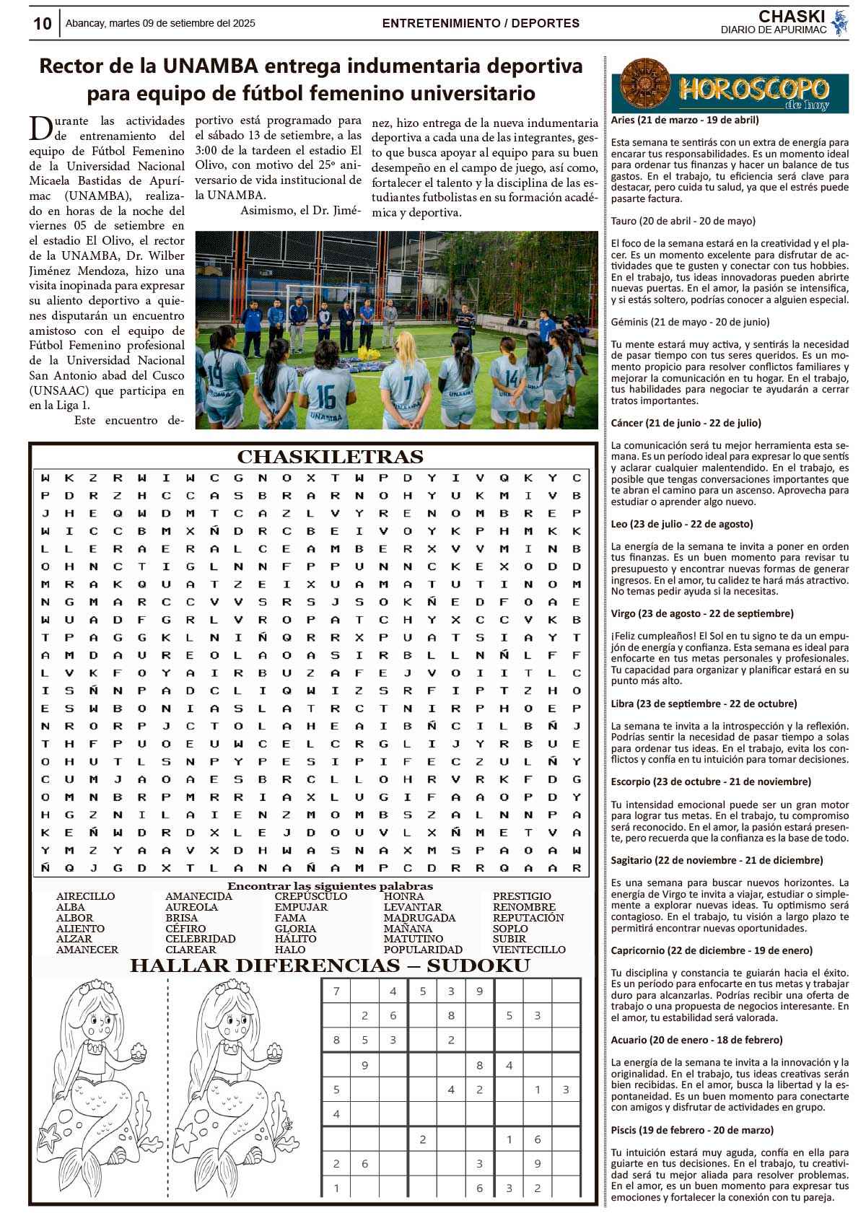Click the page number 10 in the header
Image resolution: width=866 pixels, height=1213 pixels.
tap(43, 24)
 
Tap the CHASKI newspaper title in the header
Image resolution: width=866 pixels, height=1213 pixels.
tap(791, 17)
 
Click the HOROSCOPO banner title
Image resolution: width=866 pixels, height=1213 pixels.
tap(753, 89)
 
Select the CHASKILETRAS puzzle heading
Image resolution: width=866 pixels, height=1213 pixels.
tap(330, 457)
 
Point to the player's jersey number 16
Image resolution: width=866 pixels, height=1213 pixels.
tap(326, 397)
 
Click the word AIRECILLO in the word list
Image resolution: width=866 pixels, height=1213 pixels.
tap(85, 896)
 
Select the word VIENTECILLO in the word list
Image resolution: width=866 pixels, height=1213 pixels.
tap(529, 950)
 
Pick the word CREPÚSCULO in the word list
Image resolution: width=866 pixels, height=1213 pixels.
tap(310, 896)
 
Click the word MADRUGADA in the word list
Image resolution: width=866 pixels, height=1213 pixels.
tap(419, 918)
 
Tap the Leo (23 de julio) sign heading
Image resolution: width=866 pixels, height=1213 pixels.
tap(671, 524)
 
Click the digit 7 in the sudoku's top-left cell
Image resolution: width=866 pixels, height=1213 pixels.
tap(336, 991)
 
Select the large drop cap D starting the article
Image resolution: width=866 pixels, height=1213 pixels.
tap(39, 128)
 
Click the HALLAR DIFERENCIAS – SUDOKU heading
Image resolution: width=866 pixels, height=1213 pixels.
tap(330, 965)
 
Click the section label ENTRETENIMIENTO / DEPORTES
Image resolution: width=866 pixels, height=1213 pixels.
tap(481, 23)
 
